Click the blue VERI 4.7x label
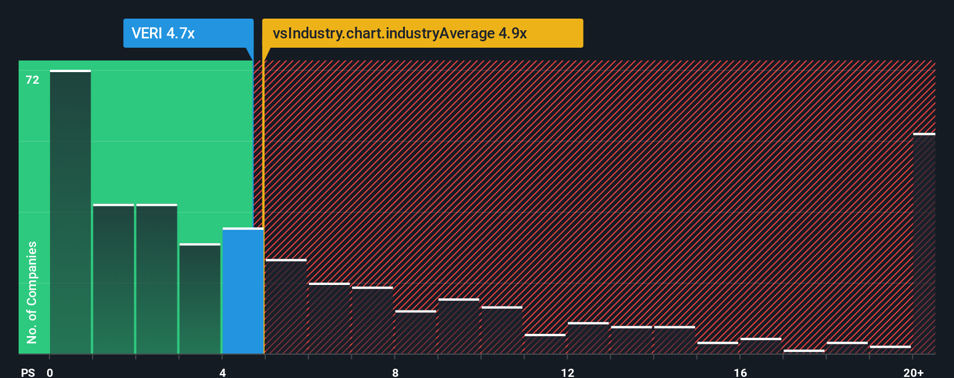pyautogui.click(x=188, y=33)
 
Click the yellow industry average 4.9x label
pyautogui.click(x=422, y=33)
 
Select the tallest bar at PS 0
pyautogui.click(x=70, y=212)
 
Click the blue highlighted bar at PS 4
pyautogui.click(x=243, y=291)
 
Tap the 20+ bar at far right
pyautogui.click(x=924, y=244)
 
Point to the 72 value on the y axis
pyautogui.click(x=33, y=80)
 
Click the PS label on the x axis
pyautogui.click(x=28, y=372)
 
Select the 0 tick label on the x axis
pyautogui.click(x=50, y=372)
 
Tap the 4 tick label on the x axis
pyautogui.click(x=222, y=372)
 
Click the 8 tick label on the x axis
pyautogui.click(x=395, y=372)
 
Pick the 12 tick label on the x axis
pyautogui.click(x=567, y=372)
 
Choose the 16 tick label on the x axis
pyautogui.click(x=740, y=372)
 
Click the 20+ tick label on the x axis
pyautogui.click(x=913, y=372)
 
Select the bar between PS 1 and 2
pyautogui.click(x=113, y=279)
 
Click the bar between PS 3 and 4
pyautogui.click(x=200, y=299)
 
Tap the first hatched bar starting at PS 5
pyautogui.click(x=286, y=306)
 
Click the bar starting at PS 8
pyautogui.click(x=416, y=333)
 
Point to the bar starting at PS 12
pyautogui.click(x=588, y=338)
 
